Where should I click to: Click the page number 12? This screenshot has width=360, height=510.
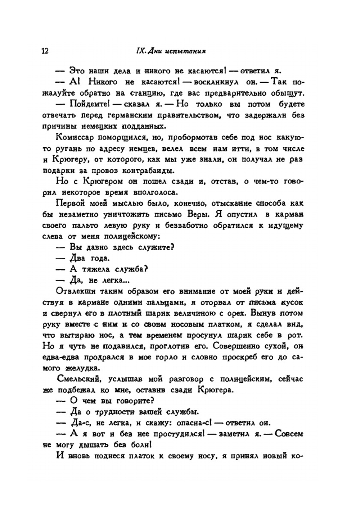pyautogui.click(x=45, y=51)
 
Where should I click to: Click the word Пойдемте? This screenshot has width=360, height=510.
pyautogui.click(x=88, y=104)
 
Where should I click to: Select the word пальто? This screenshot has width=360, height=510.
pyautogui.click(x=88, y=226)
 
